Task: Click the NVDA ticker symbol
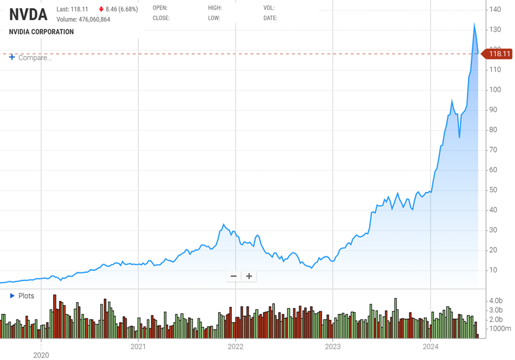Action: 28,15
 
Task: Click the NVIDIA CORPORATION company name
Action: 41,32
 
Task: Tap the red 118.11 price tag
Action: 499,54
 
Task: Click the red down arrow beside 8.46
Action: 101,9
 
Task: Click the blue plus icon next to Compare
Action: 12,57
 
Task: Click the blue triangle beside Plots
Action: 12,296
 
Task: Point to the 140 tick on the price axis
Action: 495,10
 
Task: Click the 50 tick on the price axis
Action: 494,190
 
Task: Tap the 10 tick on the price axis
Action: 494,270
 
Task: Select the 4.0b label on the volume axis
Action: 496,301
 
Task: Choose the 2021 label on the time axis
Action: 138,346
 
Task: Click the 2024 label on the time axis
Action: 431,346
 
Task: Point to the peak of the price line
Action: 474,24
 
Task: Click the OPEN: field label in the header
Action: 160,8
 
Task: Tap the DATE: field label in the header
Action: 270,18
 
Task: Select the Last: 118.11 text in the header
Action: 72,9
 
